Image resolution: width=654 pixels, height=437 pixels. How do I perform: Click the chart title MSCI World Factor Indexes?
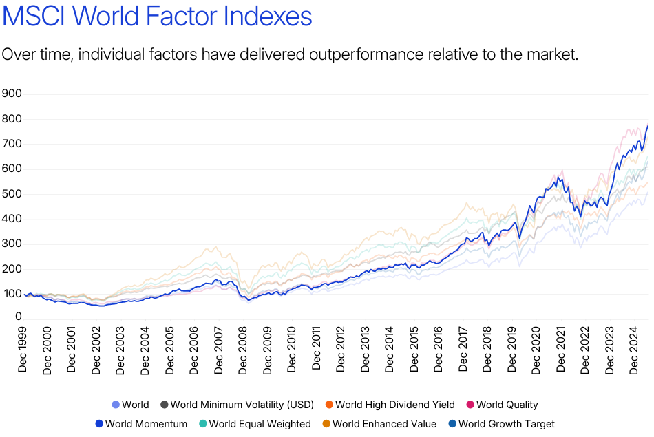click(157, 17)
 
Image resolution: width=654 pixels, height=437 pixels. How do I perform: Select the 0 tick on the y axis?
click(19, 317)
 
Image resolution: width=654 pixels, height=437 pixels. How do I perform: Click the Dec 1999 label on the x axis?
click(23, 348)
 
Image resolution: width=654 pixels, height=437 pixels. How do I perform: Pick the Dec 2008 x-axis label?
click(243, 348)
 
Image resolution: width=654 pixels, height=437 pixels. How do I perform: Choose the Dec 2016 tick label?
click(439, 348)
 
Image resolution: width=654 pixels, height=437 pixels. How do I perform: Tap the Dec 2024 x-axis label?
click(634, 348)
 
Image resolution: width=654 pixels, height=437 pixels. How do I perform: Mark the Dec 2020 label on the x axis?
click(536, 348)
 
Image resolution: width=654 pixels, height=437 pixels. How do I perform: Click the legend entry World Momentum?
click(146, 424)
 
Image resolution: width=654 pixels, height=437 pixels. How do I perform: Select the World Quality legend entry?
click(507, 405)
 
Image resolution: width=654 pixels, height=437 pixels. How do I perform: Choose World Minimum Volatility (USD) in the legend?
click(242, 405)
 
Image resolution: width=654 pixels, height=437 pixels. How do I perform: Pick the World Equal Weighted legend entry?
click(260, 424)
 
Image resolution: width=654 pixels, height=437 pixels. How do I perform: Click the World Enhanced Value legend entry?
click(384, 424)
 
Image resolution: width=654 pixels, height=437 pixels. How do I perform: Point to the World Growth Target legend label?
click(506, 424)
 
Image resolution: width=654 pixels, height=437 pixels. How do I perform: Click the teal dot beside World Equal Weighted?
click(202, 424)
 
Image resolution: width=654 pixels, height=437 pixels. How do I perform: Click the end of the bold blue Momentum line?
click(648, 126)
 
